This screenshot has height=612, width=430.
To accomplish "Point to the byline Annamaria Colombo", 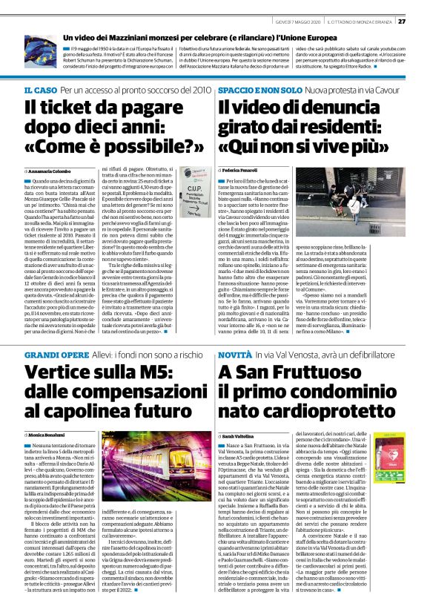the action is point(50,171).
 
